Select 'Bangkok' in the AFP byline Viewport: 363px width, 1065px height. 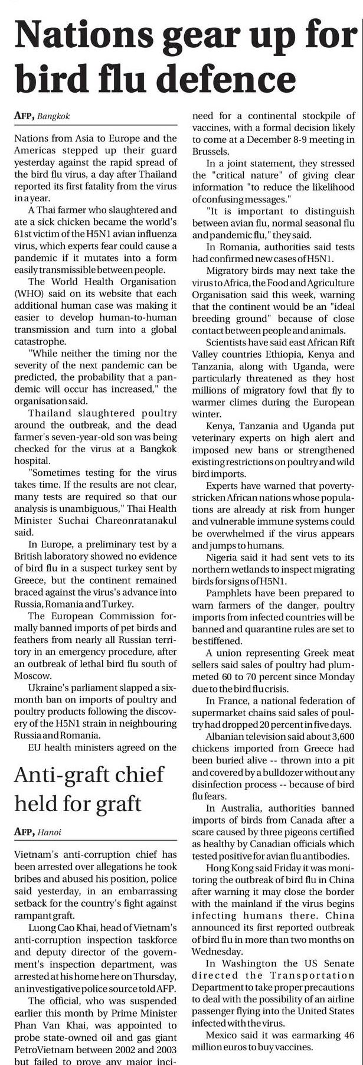(x=53, y=116)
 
